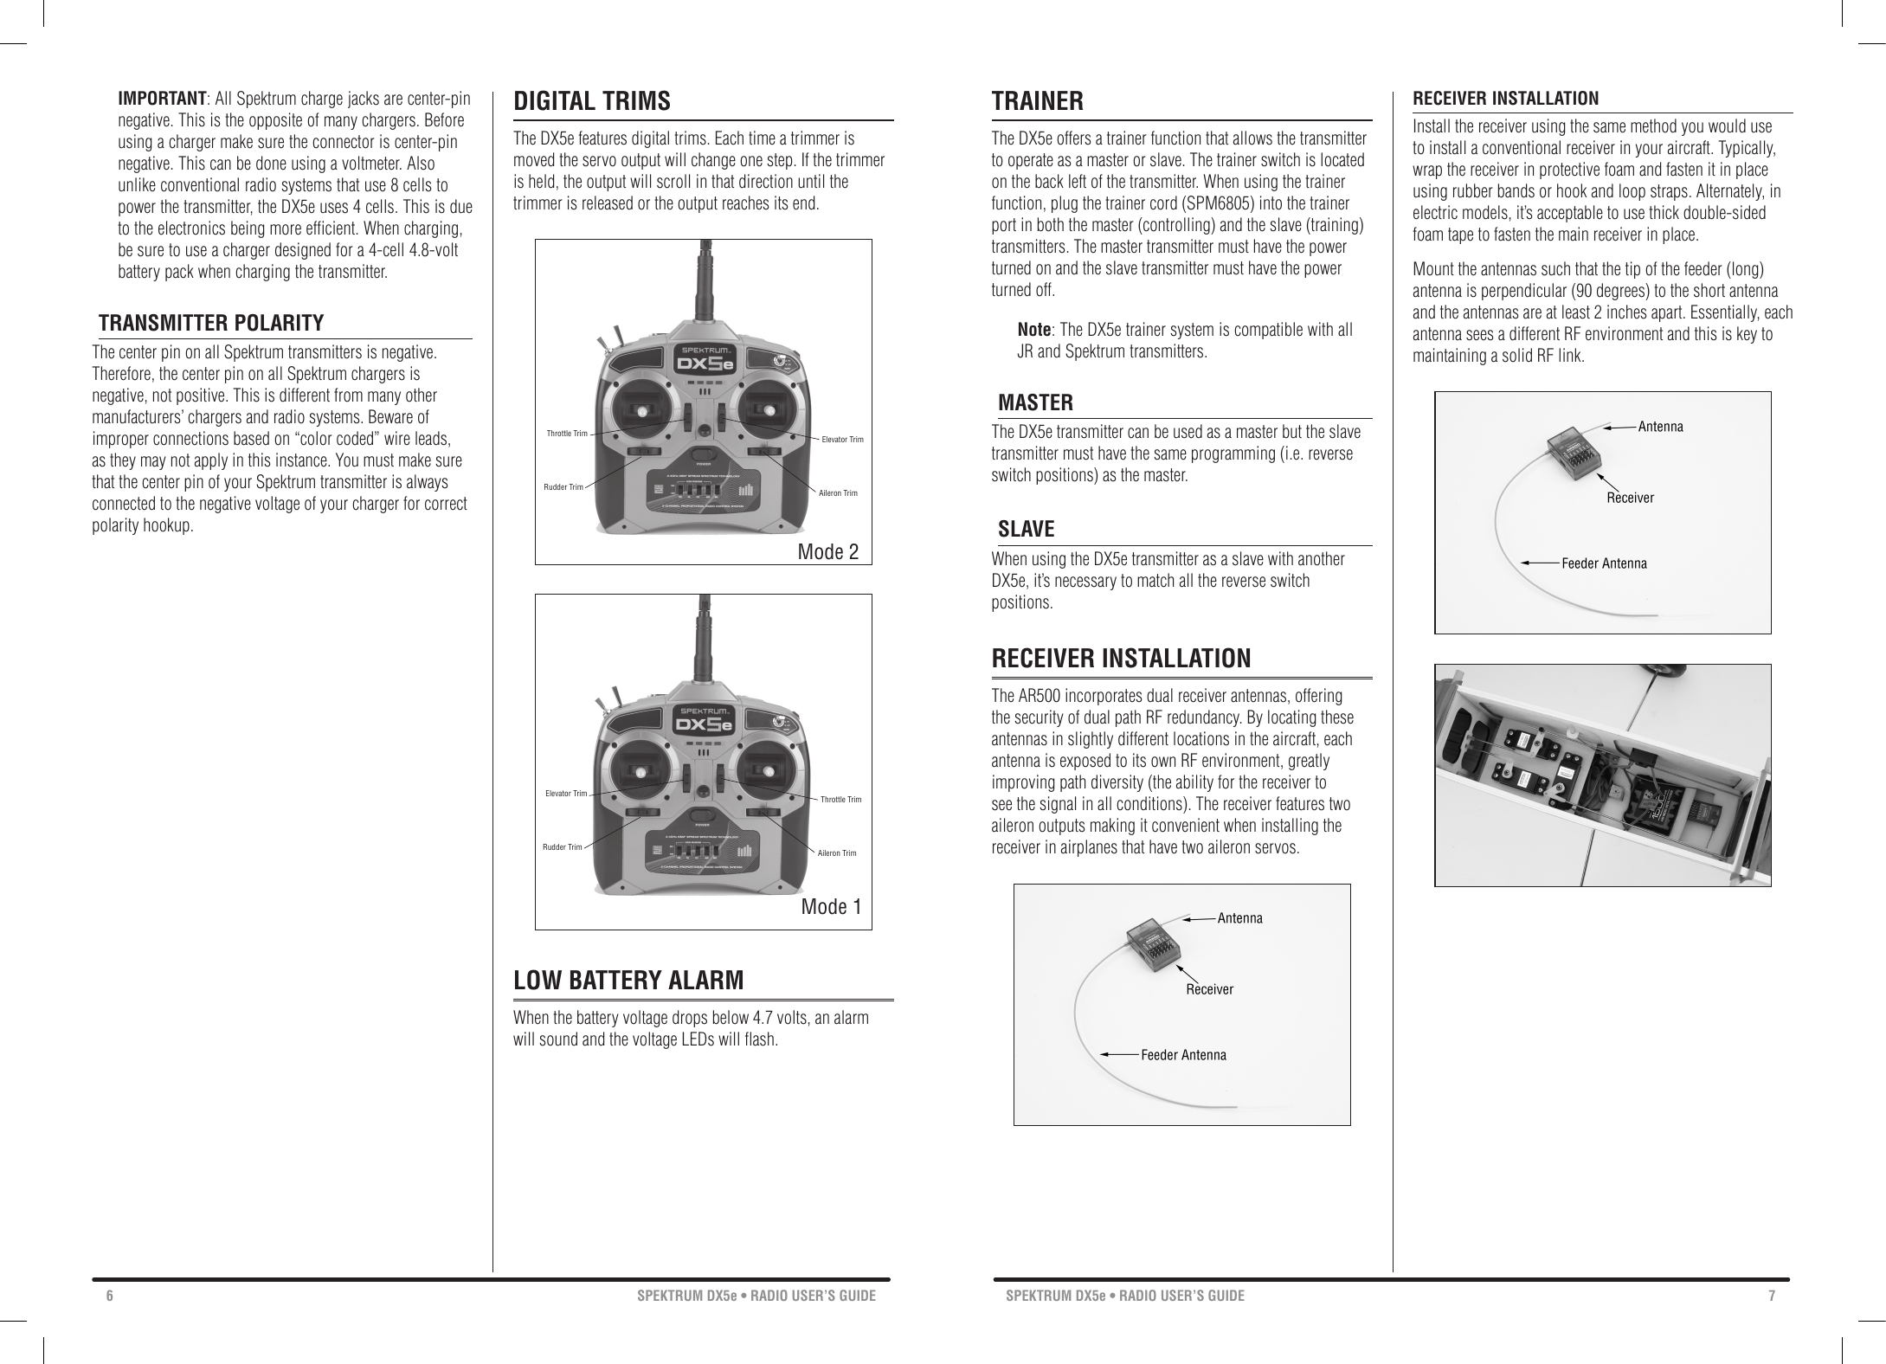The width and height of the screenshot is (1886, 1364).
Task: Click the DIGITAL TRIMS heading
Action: pyautogui.click(x=592, y=101)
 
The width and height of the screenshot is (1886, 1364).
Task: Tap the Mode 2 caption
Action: pyautogui.click(x=827, y=552)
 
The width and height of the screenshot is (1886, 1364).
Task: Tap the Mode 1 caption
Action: pyautogui.click(x=831, y=907)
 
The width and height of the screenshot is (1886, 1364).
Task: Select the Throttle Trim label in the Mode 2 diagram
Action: pyautogui.click(x=567, y=433)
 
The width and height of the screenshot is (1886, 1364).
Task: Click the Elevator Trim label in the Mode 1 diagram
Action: pyautogui.click(x=566, y=794)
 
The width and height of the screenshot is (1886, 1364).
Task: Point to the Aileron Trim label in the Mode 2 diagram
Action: pyautogui.click(x=838, y=493)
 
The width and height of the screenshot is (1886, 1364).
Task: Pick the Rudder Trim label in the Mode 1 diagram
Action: pyautogui.click(x=562, y=847)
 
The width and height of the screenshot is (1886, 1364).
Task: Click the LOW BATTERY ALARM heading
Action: pyautogui.click(x=628, y=981)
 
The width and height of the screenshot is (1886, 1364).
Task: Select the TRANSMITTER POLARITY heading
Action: pyautogui.click(x=211, y=324)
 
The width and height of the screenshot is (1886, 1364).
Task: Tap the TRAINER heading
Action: pyautogui.click(x=1037, y=101)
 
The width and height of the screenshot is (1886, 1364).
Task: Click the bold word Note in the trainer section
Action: pyautogui.click(x=1033, y=330)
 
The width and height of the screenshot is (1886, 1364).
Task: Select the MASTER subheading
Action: pyautogui.click(x=1035, y=402)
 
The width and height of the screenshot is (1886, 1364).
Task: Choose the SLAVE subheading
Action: pyautogui.click(x=1026, y=529)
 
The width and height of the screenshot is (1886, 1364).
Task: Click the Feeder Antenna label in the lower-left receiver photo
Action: pyautogui.click(x=1183, y=1055)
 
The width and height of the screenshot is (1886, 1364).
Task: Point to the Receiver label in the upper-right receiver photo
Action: pyautogui.click(x=1630, y=498)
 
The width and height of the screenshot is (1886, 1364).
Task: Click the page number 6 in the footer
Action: pyautogui.click(x=110, y=1296)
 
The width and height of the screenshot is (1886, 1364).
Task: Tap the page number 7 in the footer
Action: pyautogui.click(x=1771, y=1296)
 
